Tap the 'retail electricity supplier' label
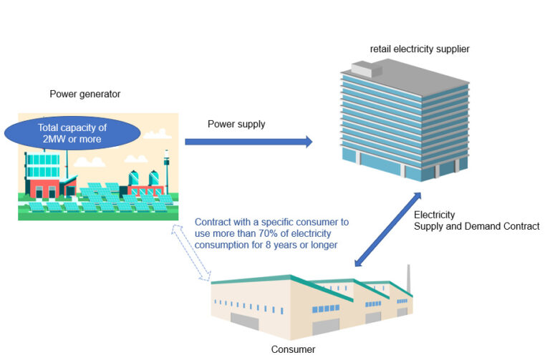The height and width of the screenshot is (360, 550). [x=420, y=49]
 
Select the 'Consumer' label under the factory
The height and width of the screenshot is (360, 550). [x=293, y=349]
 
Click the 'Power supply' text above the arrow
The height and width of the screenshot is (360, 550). [x=236, y=124]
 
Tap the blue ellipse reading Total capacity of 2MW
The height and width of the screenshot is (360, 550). [x=72, y=133]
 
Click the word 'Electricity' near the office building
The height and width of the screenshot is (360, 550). [x=435, y=214]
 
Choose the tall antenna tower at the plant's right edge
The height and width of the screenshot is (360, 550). [x=166, y=169]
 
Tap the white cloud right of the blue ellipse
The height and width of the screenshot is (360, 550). [x=157, y=133]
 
